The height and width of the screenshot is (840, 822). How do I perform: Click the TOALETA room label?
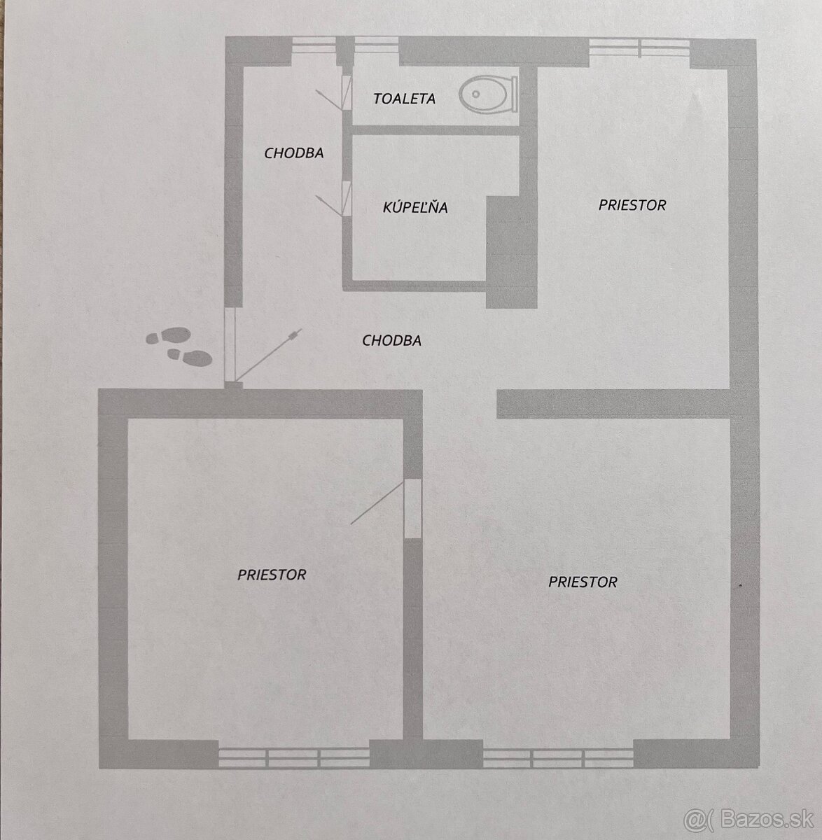(404, 99)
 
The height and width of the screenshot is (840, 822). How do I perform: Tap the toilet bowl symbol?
(488, 94)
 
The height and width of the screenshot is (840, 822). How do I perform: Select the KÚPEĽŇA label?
(415, 207)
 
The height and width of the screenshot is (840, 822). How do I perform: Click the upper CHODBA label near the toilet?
(293, 153)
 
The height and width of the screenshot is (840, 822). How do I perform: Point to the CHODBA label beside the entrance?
(391, 341)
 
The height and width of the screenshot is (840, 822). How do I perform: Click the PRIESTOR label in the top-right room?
(632, 205)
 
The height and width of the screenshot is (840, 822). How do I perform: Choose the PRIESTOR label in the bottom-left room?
(272, 575)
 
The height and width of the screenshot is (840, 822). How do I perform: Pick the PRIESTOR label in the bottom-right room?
(583, 582)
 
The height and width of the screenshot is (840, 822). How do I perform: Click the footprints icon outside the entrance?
(179, 346)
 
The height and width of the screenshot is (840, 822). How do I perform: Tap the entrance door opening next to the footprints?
(230, 344)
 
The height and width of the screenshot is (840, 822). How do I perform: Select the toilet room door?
(347, 92)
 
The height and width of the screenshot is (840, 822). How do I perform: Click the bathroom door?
(347, 199)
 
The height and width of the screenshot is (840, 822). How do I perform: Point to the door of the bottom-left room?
(412, 508)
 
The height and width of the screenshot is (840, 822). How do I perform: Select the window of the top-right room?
(639, 48)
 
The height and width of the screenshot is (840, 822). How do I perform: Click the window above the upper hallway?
(314, 45)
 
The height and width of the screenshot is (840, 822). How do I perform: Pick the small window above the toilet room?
(376, 45)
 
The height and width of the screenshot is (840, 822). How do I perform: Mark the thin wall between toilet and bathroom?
(436, 130)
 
